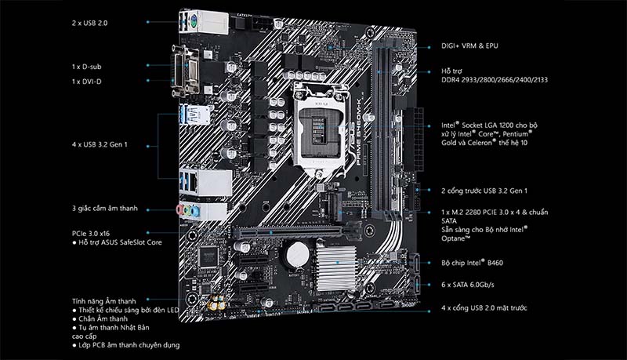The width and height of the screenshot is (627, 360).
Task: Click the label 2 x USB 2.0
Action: (x=89, y=24)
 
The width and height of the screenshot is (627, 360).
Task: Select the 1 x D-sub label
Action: (x=86, y=67)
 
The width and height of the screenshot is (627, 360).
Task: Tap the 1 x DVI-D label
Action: (x=86, y=82)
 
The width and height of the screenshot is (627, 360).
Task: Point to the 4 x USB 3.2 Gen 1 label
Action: (x=100, y=144)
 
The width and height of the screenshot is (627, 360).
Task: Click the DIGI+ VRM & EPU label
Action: (x=469, y=46)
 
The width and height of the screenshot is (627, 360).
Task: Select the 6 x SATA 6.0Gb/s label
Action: (x=467, y=285)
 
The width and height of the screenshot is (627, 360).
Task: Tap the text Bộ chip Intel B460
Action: (x=473, y=263)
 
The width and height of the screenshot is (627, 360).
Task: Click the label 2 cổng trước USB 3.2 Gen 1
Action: (x=484, y=191)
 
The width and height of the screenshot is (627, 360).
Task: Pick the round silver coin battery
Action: (x=298, y=254)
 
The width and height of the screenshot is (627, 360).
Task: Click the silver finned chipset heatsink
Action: (x=336, y=268)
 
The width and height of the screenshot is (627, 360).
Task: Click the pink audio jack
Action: (x=180, y=209)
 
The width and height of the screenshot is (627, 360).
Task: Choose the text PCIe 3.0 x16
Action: (x=91, y=234)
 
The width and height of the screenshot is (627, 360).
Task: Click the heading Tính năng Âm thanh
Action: (x=104, y=301)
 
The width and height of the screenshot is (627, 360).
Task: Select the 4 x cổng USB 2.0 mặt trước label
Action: (x=484, y=308)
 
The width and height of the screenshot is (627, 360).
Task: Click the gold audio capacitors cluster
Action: (x=216, y=304)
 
